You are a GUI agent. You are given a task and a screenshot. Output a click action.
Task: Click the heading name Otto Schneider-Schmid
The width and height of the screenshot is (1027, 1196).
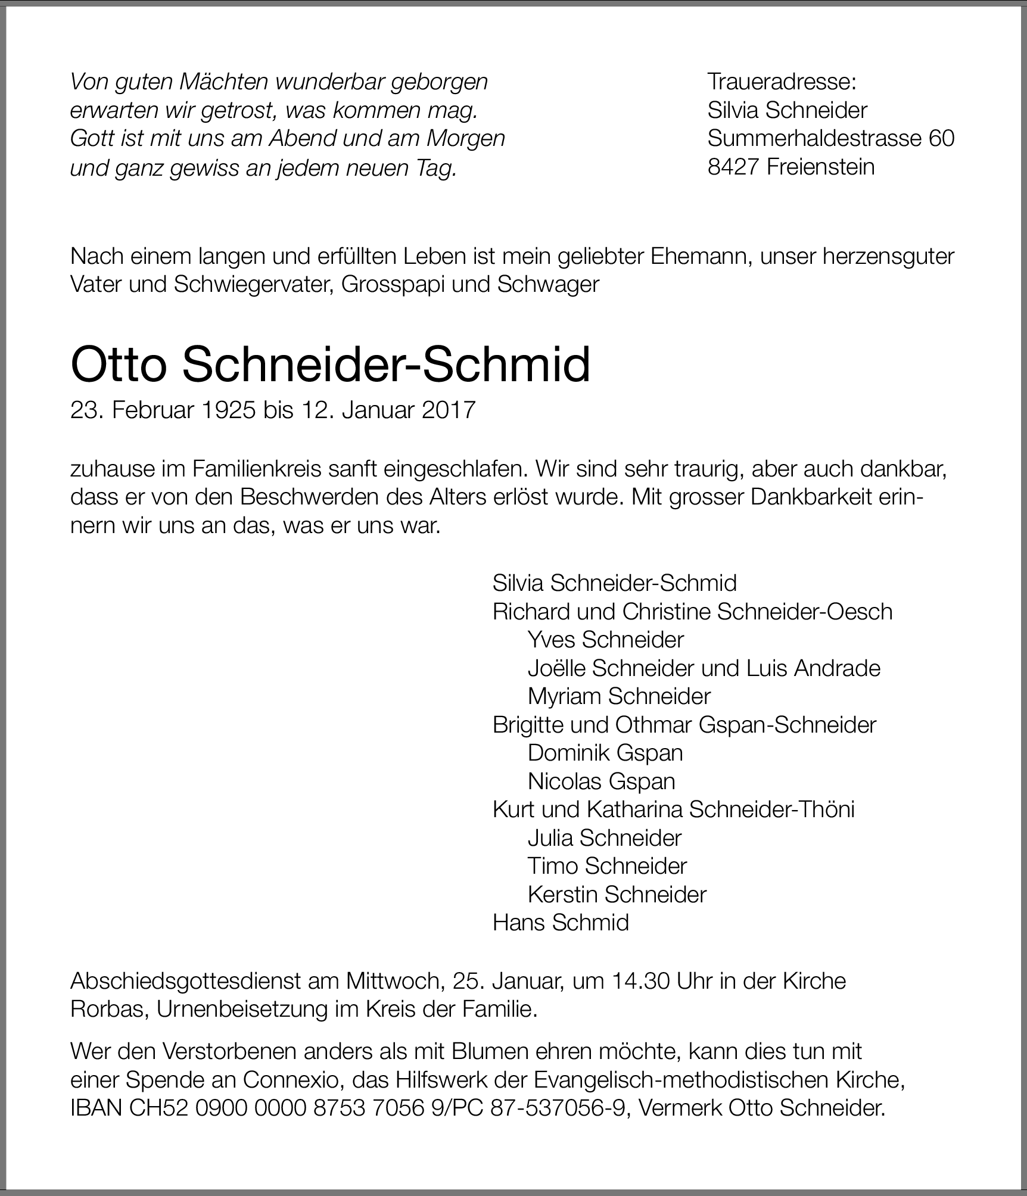click(x=330, y=365)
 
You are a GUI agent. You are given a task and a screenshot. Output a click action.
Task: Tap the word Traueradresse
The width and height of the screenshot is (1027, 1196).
click(x=781, y=82)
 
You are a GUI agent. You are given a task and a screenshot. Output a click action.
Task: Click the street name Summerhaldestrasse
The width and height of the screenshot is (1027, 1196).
click(x=814, y=138)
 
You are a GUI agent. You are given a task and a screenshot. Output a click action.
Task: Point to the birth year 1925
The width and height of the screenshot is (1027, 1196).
click(x=228, y=410)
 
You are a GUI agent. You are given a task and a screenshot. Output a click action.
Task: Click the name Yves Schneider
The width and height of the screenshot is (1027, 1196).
click(x=605, y=640)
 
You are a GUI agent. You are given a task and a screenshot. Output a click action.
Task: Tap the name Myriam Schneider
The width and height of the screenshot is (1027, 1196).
click(x=619, y=696)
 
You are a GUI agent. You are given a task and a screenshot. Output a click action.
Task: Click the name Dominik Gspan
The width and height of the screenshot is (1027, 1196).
click(x=605, y=753)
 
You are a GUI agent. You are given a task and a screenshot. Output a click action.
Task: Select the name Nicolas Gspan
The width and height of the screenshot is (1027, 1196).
click(x=602, y=781)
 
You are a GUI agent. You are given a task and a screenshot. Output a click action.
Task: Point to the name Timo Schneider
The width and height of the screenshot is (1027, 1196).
click(x=607, y=866)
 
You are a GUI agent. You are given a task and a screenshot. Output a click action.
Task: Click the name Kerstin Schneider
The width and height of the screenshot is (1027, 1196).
click(x=617, y=894)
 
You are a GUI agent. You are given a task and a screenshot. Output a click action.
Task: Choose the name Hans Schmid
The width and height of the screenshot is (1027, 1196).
click(x=561, y=923)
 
